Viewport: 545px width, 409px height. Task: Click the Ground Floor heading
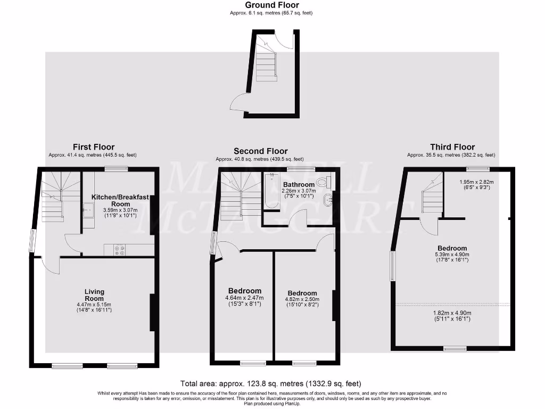pos(272,5)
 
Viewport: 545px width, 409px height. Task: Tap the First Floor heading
pos(93,147)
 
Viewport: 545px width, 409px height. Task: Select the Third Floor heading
pos(452,147)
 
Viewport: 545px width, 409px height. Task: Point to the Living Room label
pos(94,295)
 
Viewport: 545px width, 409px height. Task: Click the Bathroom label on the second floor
pos(299,185)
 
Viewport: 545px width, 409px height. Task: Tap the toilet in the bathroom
pos(322,183)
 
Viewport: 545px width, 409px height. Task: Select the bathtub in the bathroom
pos(271,192)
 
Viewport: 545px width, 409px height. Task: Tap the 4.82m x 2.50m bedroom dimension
pos(302,300)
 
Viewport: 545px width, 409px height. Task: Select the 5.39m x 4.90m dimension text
pos(452,255)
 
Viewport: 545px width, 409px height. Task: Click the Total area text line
pos(271,383)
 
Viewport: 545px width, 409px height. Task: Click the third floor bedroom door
pos(428,226)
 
